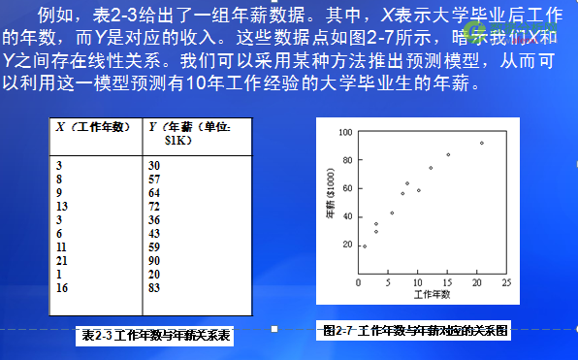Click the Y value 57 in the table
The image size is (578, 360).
click(x=154, y=179)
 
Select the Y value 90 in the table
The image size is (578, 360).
click(x=154, y=260)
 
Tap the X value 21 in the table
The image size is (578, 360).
click(x=62, y=260)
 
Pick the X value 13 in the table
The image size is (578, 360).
click(x=62, y=206)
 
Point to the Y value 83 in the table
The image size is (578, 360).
click(x=154, y=287)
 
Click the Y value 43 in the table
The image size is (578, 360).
click(x=154, y=233)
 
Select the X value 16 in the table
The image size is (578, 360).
click(x=62, y=287)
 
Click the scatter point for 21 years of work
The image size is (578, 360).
click(x=482, y=143)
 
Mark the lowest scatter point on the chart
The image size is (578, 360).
click(x=365, y=246)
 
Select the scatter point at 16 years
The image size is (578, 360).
click(x=448, y=154)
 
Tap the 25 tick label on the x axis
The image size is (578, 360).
click(x=506, y=282)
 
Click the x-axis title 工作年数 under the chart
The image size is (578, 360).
click(x=433, y=293)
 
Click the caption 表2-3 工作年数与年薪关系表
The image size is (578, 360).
click(x=155, y=336)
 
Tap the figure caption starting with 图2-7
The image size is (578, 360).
click(x=415, y=330)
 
